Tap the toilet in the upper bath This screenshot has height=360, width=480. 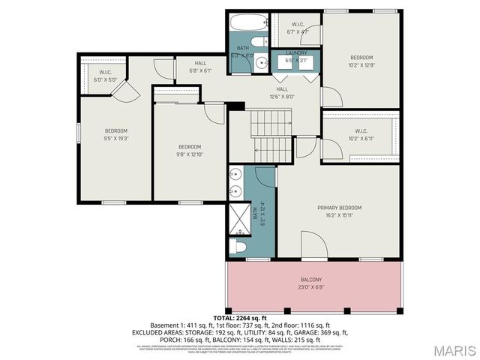click(x=256, y=42)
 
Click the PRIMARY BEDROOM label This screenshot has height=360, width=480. click(x=339, y=208)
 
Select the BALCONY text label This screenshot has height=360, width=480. click(x=313, y=279)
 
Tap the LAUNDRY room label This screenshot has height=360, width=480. click(x=297, y=53)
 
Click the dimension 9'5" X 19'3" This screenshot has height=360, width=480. click(x=115, y=138)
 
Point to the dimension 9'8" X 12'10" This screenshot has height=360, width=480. click(x=190, y=154)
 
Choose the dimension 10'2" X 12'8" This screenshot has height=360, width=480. click(x=361, y=65)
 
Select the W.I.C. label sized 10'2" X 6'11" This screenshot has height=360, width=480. click(x=361, y=139)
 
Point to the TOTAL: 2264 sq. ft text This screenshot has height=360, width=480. click(x=240, y=318)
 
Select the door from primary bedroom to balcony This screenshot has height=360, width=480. click(x=314, y=246)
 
